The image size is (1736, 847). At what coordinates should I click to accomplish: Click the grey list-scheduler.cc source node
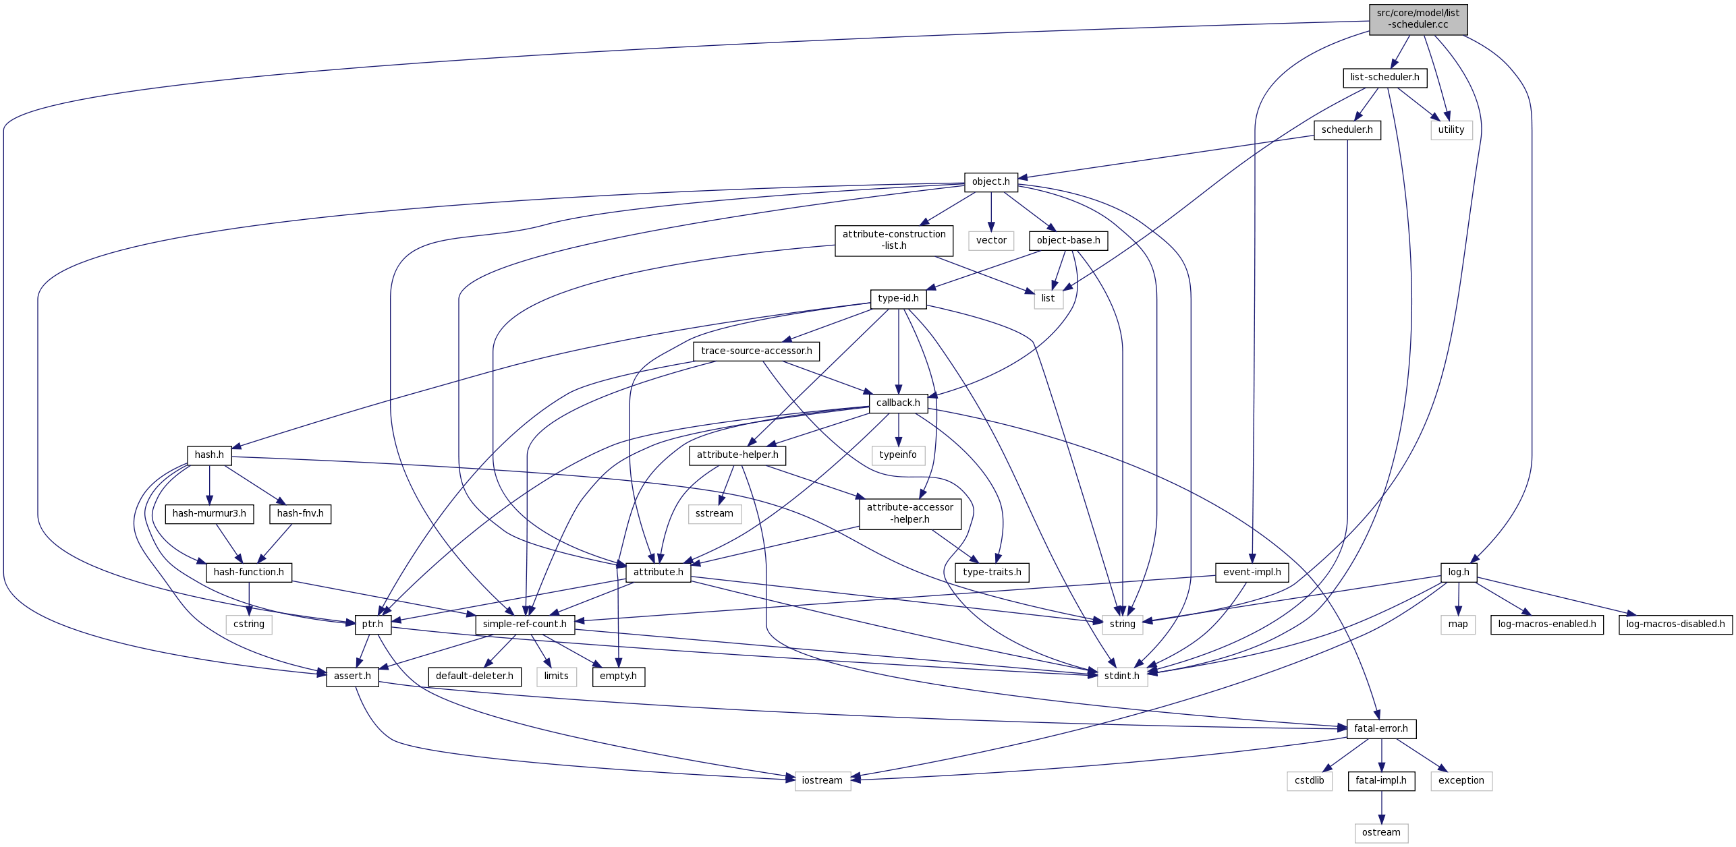(1418, 19)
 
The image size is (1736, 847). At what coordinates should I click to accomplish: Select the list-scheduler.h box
(1384, 78)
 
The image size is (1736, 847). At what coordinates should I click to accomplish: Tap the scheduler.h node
(1347, 130)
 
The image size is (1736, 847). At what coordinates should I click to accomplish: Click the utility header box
(1451, 130)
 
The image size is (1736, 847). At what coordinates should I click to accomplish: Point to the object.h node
(990, 182)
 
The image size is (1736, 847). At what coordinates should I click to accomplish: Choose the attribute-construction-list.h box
(893, 241)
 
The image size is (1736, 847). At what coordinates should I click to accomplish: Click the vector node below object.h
(990, 241)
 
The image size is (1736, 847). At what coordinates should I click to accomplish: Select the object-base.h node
(1067, 241)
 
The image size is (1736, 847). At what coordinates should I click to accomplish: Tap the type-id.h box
(897, 299)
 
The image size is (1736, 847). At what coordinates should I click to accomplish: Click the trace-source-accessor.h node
(756, 351)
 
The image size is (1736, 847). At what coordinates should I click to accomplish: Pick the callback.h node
(897, 403)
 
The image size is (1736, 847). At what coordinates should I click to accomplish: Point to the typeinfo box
(897, 455)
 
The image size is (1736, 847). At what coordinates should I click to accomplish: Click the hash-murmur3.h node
(209, 514)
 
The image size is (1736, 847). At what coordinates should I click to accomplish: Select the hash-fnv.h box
(300, 514)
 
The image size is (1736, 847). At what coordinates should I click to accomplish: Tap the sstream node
(714, 514)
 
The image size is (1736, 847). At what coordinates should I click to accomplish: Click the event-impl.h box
(1252, 573)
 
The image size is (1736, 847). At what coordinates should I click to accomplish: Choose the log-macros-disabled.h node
(1675, 624)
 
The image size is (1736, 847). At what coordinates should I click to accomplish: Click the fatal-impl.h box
(1380, 781)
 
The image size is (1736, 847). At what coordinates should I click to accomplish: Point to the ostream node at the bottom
(1380, 833)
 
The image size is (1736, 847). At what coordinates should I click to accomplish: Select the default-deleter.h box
(474, 676)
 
